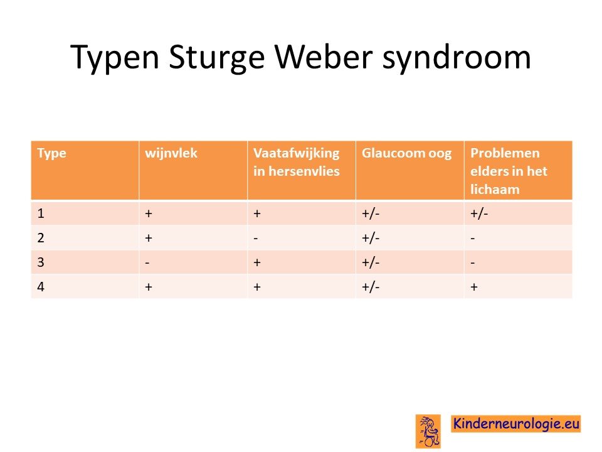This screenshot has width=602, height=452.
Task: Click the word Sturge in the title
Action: coord(216,57)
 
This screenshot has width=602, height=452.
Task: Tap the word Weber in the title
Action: coord(324,56)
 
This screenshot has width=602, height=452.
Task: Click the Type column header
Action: coord(52,154)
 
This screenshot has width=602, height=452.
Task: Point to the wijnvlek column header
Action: coord(171,153)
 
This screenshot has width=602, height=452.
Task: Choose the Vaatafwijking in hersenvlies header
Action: coord(297,162)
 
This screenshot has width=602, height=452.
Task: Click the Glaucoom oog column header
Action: coord(406,154)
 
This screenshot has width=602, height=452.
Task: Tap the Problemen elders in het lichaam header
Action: coord(509,171)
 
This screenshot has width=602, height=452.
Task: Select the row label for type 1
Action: coord(41,213)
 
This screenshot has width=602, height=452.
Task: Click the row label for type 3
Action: coord(41,262)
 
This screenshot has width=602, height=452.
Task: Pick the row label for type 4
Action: coord(41,287)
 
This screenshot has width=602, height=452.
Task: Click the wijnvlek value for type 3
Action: coord(147,263)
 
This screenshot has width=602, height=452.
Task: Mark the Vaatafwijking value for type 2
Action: coord(256,239)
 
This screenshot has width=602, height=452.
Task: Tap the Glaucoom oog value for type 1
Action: coord(371,213)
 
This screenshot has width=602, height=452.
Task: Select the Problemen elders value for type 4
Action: coord(474,287)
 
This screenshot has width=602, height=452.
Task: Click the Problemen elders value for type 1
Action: coord(479,213)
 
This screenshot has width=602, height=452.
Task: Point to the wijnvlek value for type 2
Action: coord(149,238)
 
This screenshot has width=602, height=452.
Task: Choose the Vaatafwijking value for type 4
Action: coord(257,287)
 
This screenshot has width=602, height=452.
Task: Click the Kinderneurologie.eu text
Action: coord(516,424)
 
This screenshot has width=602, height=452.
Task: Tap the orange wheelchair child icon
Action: coord(428,431)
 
